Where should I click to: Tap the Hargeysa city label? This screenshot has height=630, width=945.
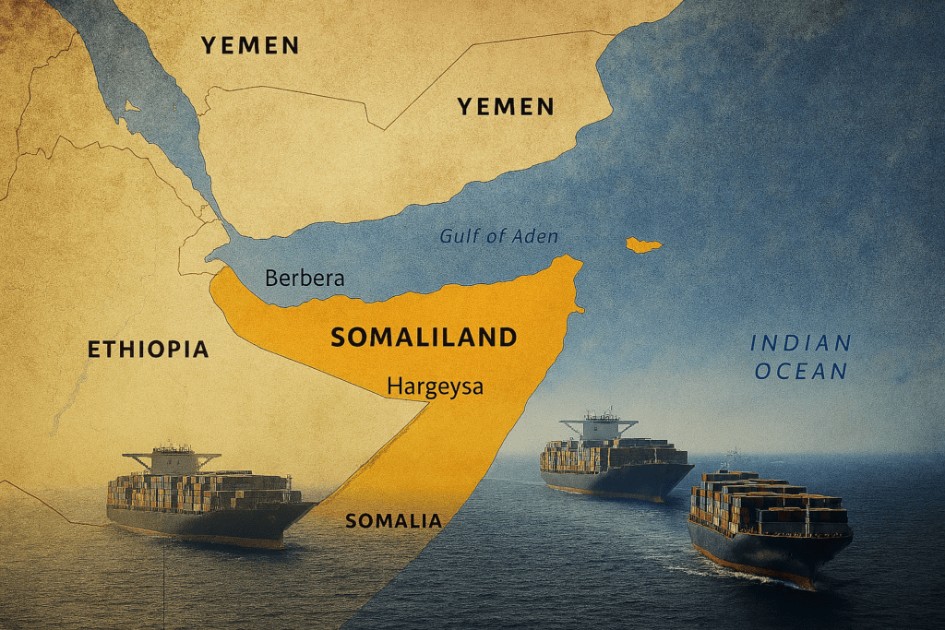tap(435, 386)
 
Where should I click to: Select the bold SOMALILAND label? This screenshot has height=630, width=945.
tap(424, 338)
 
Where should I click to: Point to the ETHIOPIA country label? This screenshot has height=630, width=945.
tap(148, 350)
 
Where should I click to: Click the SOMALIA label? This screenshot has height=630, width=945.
tap(393, 521)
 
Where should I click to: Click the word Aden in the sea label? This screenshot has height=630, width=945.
tap(535, 237)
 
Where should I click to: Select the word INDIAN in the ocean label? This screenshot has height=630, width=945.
tap(800, 344)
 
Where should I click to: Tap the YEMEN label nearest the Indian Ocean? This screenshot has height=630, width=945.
tap(506, 107)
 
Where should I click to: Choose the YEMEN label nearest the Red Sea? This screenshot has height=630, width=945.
tap(250, 44)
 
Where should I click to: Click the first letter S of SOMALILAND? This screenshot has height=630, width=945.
tap(339, 338)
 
